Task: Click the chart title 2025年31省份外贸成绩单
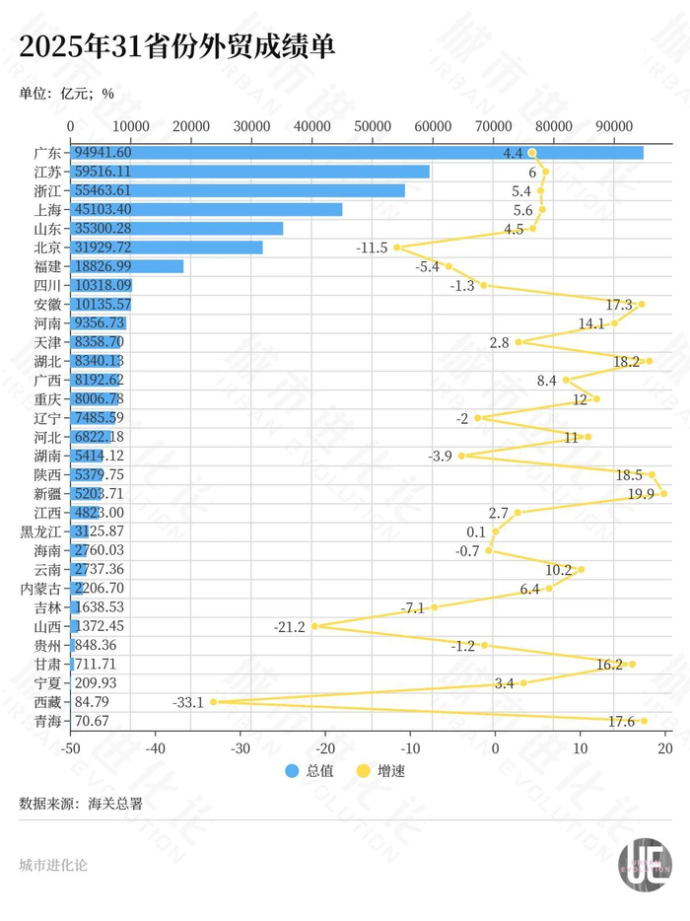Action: coord(178,47)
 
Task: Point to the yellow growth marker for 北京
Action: coord(397,248)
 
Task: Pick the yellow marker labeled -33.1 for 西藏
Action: coord(213,702)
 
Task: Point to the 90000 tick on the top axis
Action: coord(614,126)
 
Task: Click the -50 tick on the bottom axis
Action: coord(71,747)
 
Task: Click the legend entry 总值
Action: coord(310,771)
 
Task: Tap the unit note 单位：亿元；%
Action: coord(67,95)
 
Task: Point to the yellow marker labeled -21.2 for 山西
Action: coord(314,626)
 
